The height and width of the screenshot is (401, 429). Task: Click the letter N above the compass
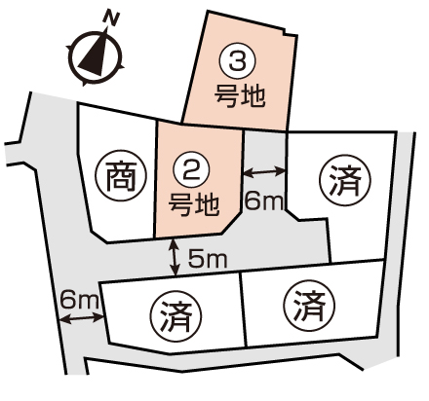pos(111,18)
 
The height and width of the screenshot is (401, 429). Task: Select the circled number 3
pos(237,61)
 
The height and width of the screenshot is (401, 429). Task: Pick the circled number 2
pos(191,171)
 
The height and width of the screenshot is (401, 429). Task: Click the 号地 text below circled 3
pos(240,96)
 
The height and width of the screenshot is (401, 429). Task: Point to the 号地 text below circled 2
pos(194,205)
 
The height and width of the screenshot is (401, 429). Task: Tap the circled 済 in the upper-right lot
pos(345,180)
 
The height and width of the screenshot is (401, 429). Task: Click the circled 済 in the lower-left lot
pos(175,316)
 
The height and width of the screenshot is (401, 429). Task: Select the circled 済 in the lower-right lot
pos(309,306)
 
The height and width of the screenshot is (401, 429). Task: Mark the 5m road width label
pos(208,259)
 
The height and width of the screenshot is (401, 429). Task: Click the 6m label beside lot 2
pos(263,201)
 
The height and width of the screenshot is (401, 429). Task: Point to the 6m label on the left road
pos(79,300)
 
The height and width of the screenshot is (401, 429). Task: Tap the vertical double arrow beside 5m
pos(175,257)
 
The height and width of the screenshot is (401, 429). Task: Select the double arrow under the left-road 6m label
pos(82,318)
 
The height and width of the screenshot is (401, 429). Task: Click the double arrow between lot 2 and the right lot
pos(264,171)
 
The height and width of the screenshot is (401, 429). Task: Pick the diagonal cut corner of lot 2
pos(232,223)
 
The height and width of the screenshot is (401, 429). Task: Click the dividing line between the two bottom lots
pos(244,309)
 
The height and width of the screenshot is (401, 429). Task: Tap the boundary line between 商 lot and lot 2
pos(155,180)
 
